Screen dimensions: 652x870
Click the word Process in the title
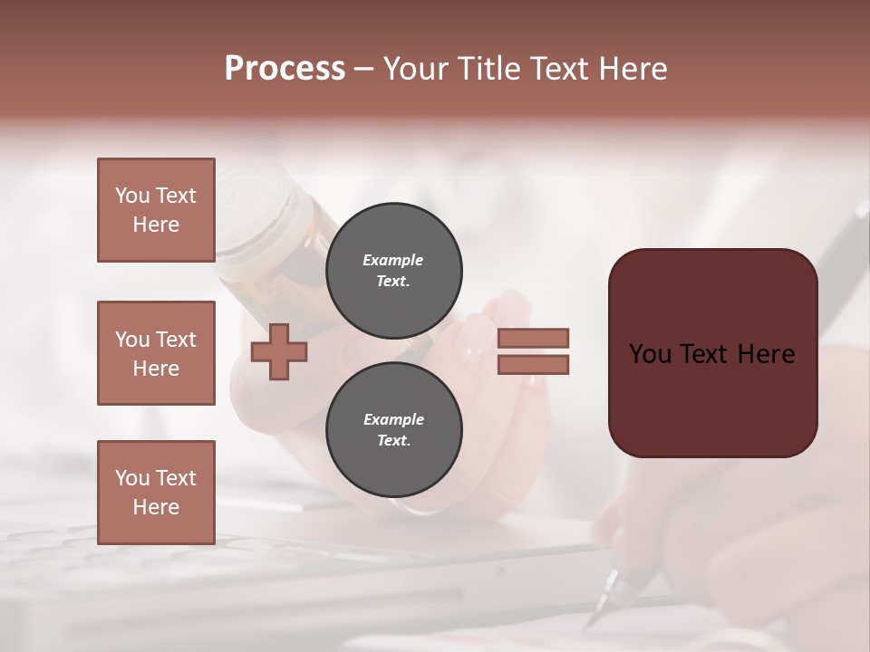click(x=285, y=69)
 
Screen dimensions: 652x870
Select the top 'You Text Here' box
click(x=156, y=210)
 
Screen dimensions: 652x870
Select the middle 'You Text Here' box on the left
click(x=156, y=353)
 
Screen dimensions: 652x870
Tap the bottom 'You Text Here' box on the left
click(x=156, y=493)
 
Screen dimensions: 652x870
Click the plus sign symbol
click(x=279, y=352)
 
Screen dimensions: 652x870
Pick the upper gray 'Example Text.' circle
click(x=393, y=270)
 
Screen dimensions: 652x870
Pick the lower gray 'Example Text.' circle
click(x=393, y=429)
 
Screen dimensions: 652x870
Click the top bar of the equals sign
click(x=533, y=338)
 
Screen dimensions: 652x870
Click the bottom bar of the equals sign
click(x=533, y=364)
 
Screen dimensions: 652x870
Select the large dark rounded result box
click(x=712, y=353)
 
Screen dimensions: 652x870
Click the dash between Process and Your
click(x=363, y=70)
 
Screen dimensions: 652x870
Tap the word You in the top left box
click(x=132, y=196)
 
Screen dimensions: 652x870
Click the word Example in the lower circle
click(x=393, y=419)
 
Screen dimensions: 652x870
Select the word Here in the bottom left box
click(x=156, y=507)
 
